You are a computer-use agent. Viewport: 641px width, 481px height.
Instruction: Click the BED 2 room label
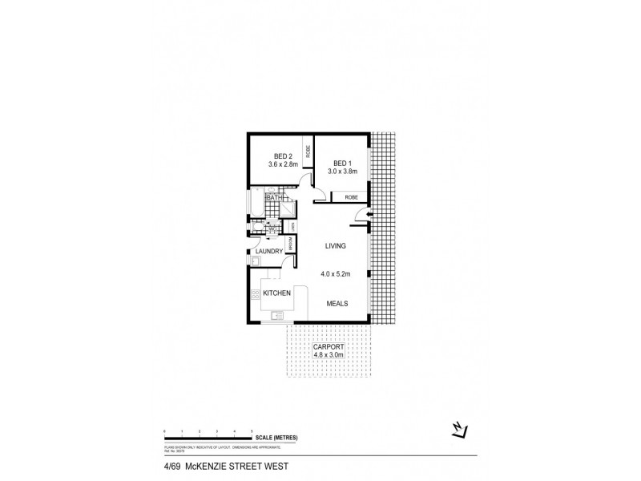283,156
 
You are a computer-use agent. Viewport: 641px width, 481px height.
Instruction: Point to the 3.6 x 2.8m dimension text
283,165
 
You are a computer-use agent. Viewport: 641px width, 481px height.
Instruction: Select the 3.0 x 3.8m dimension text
341,171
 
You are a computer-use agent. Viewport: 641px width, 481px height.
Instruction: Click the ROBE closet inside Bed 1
350,196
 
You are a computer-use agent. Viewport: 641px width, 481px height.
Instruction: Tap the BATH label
272,197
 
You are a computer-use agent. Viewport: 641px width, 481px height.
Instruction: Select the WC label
272,230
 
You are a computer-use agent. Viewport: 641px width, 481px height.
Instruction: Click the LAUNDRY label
269,252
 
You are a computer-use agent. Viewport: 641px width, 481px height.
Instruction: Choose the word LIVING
335,247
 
